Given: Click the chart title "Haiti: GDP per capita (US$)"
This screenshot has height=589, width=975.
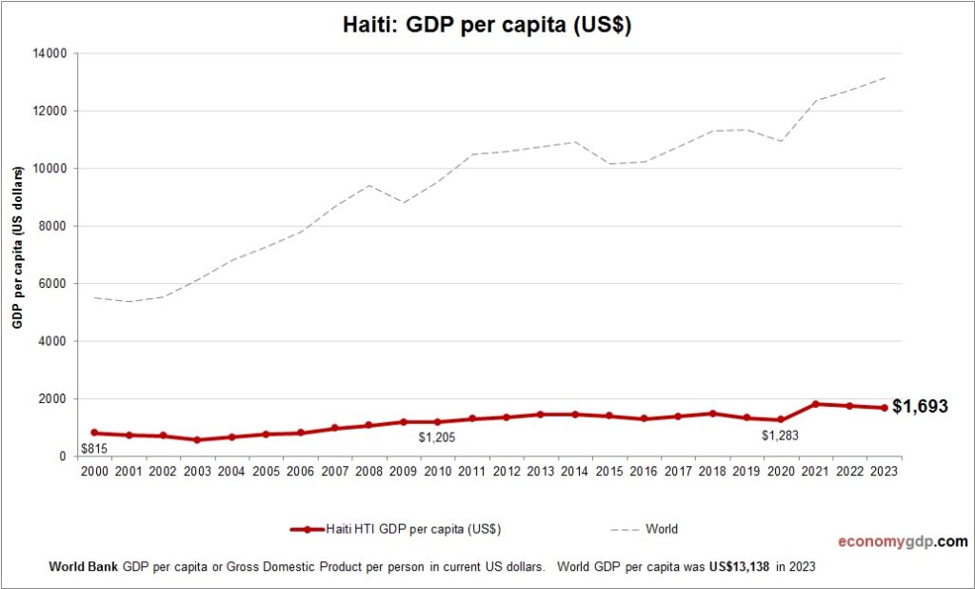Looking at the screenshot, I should coord(487,26).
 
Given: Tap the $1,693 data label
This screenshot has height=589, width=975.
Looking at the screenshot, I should coord(920,407).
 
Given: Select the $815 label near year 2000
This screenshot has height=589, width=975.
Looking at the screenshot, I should coord(93,448).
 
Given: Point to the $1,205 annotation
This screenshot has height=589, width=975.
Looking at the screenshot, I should coord(438,437).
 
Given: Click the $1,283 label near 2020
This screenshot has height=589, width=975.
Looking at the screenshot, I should coord(781,436).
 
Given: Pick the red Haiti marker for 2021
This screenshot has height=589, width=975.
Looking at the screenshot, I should coord(816,404).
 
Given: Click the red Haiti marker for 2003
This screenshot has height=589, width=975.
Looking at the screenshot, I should coord(197,439).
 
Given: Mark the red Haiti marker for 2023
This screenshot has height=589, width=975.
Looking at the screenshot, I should coord(885,408).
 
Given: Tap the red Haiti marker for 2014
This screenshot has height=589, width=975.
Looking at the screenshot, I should coord(575,415).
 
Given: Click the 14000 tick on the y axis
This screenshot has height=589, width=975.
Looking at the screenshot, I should coord(48,53).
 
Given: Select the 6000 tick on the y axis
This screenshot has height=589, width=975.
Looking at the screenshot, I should coord(50,284).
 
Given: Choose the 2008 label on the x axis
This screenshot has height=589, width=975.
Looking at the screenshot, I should coord(369,471).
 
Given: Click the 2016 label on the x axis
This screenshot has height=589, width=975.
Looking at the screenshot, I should coord(644,471).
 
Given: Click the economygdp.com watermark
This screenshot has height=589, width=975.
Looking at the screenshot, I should coord(903,541).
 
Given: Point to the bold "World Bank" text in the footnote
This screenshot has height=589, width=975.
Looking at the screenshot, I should coord(83,566).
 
